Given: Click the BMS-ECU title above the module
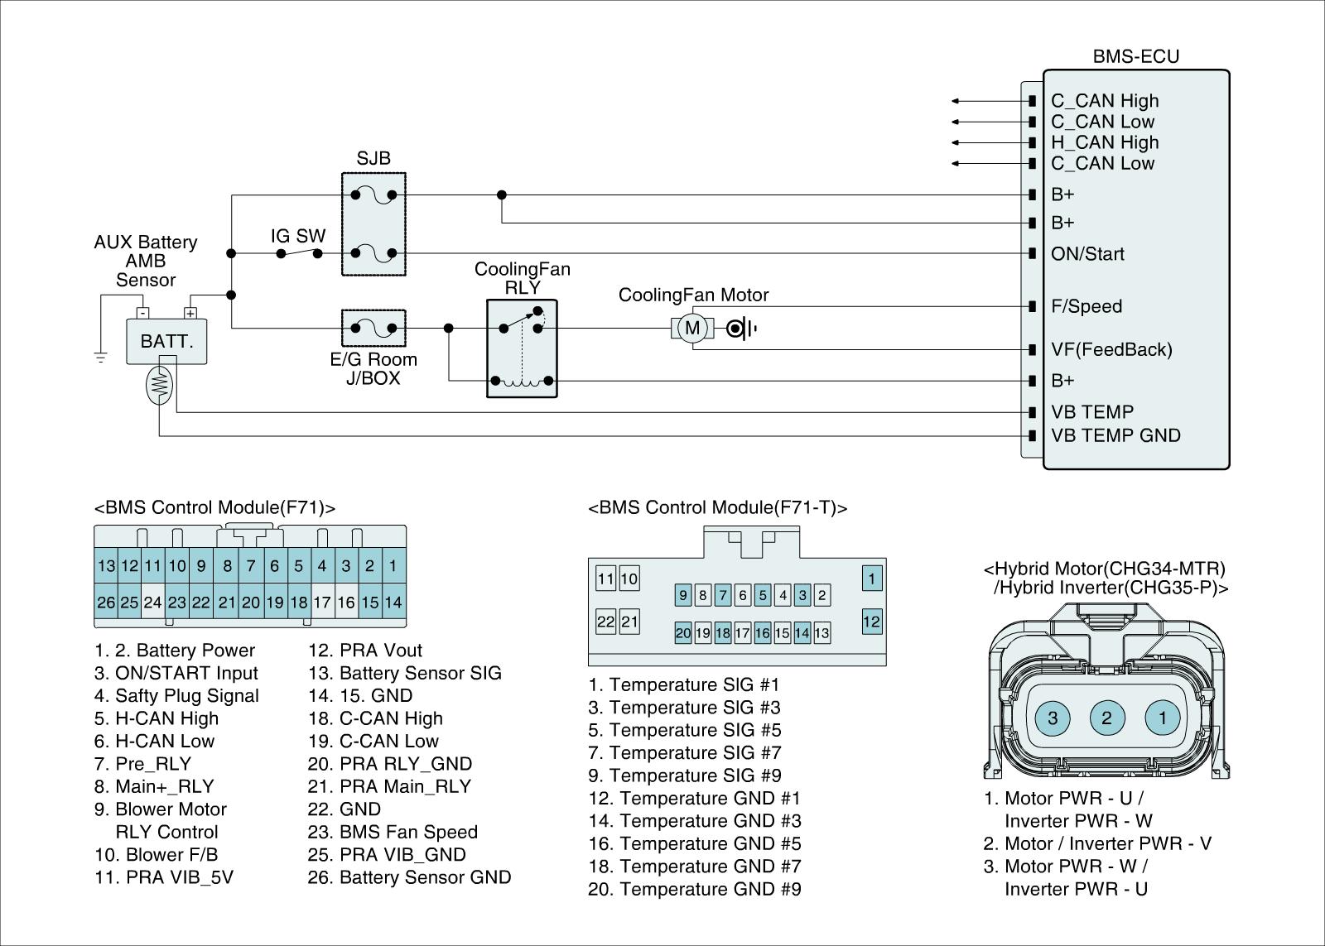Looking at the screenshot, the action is click(1135, 56).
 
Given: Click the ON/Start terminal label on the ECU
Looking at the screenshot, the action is click(1087, 253).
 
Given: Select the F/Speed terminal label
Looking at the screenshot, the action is click(1086, 306).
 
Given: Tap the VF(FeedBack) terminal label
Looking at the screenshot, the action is click(1111, 349).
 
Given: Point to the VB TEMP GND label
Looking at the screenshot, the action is click(1115, 435).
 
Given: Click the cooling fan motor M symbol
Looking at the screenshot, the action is click(692, 328).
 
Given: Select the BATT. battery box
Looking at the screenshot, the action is click(166, 341).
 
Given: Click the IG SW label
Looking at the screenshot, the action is click(298, 236).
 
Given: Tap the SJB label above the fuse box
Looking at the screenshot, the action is click(373, 158).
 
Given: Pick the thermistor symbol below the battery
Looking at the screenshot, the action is click(159, 385).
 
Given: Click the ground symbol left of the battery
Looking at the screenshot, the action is click(100, 357).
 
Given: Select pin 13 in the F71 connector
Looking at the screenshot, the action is click(106, 566).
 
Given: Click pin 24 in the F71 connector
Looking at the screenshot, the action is click(152, 602).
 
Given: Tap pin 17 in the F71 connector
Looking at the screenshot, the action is click(322, 602).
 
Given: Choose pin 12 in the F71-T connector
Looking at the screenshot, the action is click(872, 622).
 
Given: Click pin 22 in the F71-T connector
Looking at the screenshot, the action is click(605, 622).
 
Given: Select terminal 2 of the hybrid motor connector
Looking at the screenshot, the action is click(1106, 718).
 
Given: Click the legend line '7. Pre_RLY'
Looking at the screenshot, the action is click(142, 764).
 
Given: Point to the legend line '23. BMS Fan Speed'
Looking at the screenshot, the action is click(393, 832).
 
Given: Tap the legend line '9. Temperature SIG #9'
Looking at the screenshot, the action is click(684, 776).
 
